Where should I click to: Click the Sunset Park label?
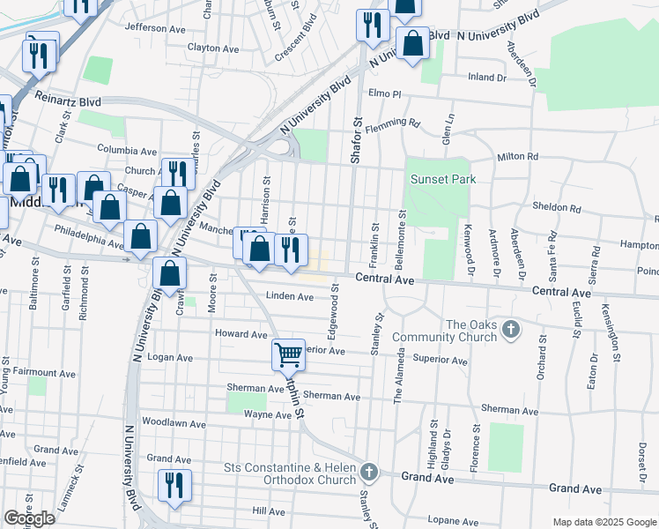(x=442, y=179)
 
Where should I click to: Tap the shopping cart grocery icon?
(x=289, y=354)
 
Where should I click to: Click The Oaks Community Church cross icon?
(x=510, y=330)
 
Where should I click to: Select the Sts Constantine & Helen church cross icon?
(x=369, y=473)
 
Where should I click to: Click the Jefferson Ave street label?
(x=155, y=28)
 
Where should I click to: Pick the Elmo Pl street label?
(x=385, y=93)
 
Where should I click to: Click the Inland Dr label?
(x=487, y=77)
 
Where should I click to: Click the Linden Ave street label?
(x=290, y=297)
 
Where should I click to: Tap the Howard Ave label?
(x=241, y=334)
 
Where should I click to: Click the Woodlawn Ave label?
(x=173, y=423)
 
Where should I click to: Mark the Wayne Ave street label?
(x=267, y=414)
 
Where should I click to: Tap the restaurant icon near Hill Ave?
(x=173, y=485)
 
